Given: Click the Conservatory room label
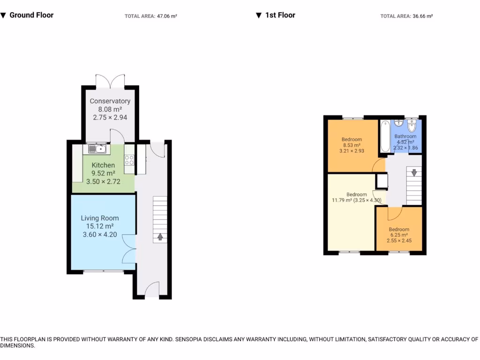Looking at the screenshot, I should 110,101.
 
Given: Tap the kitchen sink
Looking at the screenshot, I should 96,150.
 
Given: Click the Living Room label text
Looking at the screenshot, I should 100,218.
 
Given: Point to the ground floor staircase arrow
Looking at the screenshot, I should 160,237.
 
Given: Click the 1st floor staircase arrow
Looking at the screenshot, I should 414,172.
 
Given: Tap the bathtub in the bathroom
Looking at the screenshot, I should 385,136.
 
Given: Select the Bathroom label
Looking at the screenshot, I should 405,136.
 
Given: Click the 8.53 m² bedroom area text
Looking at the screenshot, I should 351,145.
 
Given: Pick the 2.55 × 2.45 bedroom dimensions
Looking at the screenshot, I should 398,241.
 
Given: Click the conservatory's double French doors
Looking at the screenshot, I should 110,81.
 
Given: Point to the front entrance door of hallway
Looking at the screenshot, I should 152,290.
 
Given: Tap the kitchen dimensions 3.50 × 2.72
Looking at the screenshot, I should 103,181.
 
